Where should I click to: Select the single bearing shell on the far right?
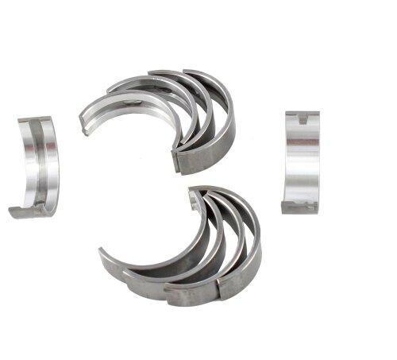click(302, 161)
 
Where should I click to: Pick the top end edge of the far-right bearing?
click(302, 114)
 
